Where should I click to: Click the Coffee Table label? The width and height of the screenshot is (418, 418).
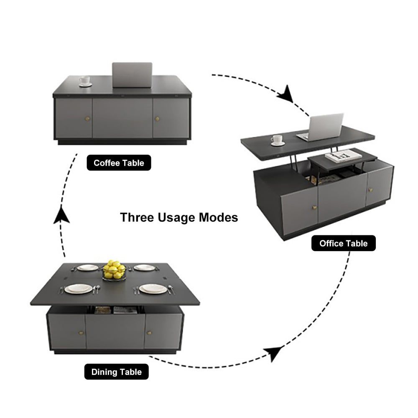pos(119,163)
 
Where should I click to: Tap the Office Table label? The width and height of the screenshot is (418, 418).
pos(343,243)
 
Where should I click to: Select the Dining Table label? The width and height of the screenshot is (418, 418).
pos(117,372)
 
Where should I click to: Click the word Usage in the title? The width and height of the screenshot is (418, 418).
pos(177,217)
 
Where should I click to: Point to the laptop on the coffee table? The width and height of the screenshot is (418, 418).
pos(132,75)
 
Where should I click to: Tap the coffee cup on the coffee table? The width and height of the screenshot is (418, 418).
pos(85,81)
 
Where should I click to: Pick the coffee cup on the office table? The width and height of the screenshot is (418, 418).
pos(278,140)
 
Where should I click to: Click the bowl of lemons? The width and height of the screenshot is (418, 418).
pos(115,270)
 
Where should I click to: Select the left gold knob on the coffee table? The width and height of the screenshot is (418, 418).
pos(87,119)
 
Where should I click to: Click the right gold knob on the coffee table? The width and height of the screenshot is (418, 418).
pos(157,119)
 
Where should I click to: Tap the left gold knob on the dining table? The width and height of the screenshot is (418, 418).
pos(81,333)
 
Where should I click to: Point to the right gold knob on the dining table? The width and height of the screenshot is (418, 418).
pos(149,333)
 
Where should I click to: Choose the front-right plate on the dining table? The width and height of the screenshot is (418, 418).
pos(153,289)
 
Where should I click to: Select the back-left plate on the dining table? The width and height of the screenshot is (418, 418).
pos(87,268)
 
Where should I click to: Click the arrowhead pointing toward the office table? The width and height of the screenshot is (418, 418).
pos(286,94)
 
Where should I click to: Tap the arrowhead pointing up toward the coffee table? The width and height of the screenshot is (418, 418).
pos(61,215)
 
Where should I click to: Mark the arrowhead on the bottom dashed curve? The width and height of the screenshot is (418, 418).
pos(273,353)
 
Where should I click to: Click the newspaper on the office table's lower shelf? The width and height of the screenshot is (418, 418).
pos(340,155)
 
